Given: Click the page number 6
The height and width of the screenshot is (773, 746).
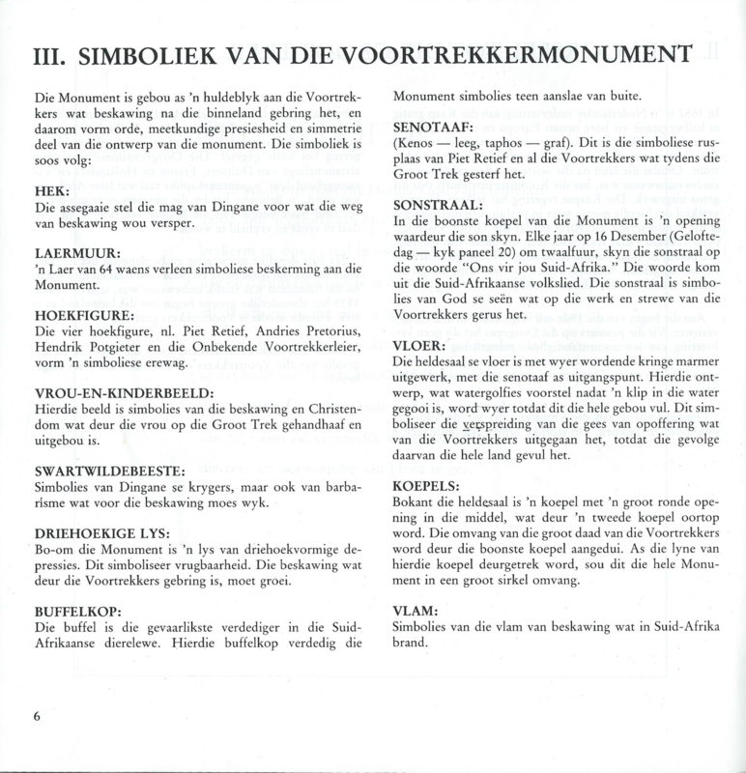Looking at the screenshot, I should [36, 717].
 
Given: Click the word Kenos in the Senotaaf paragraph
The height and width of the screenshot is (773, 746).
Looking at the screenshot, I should [420, 145].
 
